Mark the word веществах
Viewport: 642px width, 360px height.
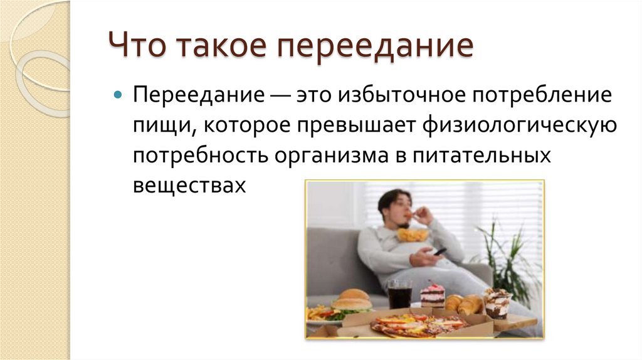[187, 184]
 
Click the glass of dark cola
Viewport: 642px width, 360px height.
[399, 293]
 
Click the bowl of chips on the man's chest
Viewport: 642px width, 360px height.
[413, 235]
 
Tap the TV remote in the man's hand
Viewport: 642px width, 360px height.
[439, 251]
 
